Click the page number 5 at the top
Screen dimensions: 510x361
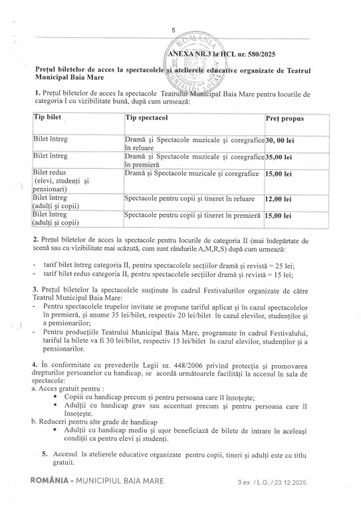coord(173,30)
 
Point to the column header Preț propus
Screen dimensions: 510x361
coord(285,118)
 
